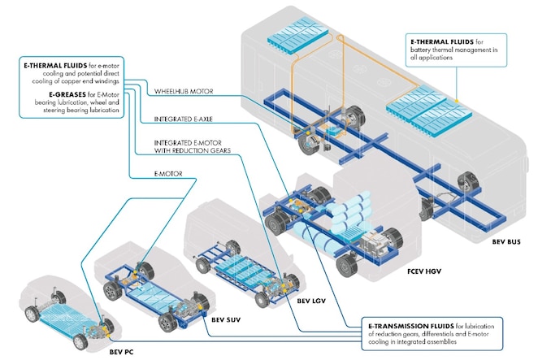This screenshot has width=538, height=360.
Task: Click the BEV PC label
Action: (x=121, y=353)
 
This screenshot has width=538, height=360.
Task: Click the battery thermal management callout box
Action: (x=456, y=49)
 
